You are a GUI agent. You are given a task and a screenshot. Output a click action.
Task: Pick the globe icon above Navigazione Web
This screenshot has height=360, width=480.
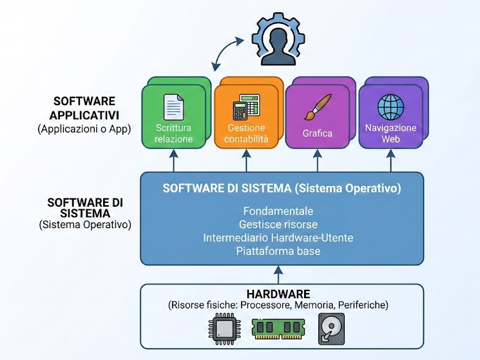[x=390, y=107]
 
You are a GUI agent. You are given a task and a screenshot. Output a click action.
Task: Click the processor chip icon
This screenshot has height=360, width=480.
[x=225, y=330]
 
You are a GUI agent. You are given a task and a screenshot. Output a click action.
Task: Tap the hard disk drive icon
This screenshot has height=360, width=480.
[x=331, y=329]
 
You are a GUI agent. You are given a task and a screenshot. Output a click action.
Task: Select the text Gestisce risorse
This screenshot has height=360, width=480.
[x=278, y=224]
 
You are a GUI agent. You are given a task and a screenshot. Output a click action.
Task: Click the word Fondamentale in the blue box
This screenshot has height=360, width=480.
[x=278, y=211]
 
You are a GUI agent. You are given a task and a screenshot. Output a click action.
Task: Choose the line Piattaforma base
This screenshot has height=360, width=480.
[x=278, y=251]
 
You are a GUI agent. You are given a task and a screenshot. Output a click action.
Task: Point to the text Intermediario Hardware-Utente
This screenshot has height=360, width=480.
[x=278, y=238]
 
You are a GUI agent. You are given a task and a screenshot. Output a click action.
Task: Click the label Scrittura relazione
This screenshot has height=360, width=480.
[x=174, y=133]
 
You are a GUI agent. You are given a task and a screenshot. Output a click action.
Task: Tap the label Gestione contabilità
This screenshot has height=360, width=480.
[x=245, y=133]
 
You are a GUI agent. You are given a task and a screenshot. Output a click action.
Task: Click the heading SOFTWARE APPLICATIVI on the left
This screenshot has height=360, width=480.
[x=84, y=108]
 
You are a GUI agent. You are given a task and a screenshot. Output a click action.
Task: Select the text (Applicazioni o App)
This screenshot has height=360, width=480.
[x=84, y=129]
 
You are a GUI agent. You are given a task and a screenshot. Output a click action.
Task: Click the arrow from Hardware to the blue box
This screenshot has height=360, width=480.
[x=279, y=274]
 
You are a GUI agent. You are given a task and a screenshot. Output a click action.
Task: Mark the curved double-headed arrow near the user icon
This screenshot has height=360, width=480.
[x=228, y=54]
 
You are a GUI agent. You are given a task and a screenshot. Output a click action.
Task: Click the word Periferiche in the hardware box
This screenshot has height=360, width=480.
[x=363, y=305]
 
